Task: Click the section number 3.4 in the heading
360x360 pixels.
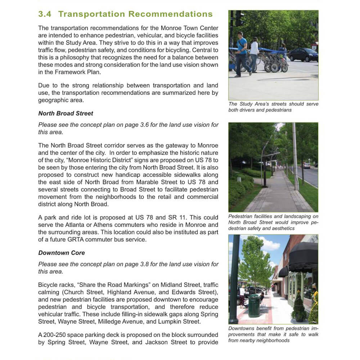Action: (x=45, y=14)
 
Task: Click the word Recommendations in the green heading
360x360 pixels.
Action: (x=171, y=14)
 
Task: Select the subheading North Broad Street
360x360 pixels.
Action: (x=66, y=113)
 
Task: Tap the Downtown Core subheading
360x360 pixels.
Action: (x=62, y=253)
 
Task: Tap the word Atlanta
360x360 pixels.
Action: (x=76, y=225)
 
